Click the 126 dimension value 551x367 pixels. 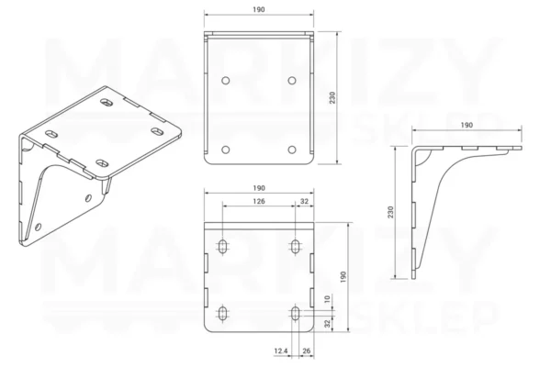[x=259, y=201]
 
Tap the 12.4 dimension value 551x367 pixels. [x=281, y=350]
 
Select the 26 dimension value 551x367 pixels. [x=307, y=350]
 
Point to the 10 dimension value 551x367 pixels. [x=327, y=299]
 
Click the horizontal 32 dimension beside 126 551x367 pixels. [x=304, y=201]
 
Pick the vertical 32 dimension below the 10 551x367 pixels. [x=327, y=324]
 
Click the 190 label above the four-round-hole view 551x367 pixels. [x=259, y=9]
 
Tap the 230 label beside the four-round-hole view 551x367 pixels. [x=332, y=97]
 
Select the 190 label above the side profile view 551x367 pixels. [x=467, y=125]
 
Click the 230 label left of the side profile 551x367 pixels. [x=390, y=212]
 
